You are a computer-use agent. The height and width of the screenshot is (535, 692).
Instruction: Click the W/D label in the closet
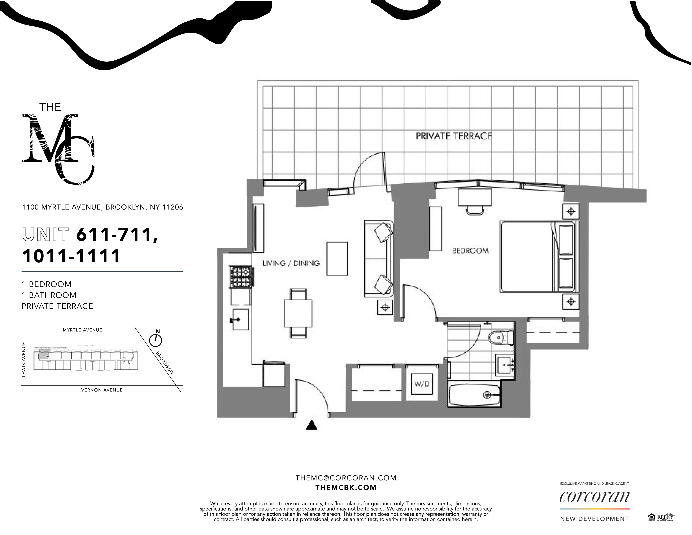pyautogui.click(x=422, y=384)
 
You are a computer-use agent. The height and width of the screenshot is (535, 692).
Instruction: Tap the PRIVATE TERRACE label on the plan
pyautogui.click(x=454, y=136)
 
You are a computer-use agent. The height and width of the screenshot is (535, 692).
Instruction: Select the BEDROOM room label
pyautogui.click(x=470, y=251)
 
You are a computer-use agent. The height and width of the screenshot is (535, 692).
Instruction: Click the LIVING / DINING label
pyautogui.click(x=291, y=263)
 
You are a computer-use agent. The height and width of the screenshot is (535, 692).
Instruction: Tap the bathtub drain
pyautogui.click(x=487, y=395)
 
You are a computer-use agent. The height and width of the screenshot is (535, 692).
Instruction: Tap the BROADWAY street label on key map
pyautogui.click(x=165, y=363)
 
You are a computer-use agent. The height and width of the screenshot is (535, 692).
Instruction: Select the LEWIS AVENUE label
pyautogui.click(x=23, y=359)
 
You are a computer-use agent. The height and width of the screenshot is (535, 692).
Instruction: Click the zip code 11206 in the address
pyautogui.click(x=173, y=207)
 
